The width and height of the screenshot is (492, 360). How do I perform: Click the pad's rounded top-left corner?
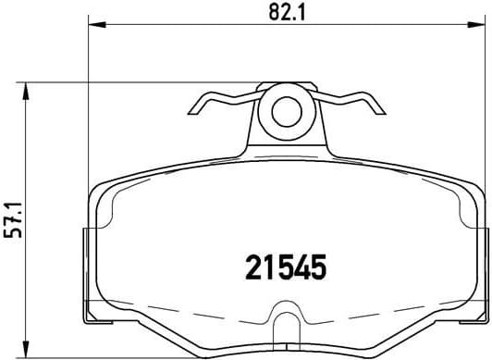(x=102, y=189)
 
